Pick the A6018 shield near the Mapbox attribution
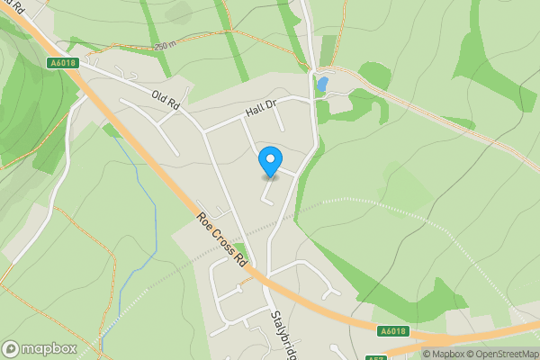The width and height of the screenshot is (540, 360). [x=393, y=331]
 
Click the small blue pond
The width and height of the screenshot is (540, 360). [x=322, y=85]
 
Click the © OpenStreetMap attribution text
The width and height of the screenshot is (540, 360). [x=499, y=354]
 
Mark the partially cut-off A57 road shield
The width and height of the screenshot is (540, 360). [x=377, y=357]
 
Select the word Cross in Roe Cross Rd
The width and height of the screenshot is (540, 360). [x=223, y=237]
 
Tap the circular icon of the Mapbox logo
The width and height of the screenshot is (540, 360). [x=11, y=349]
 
